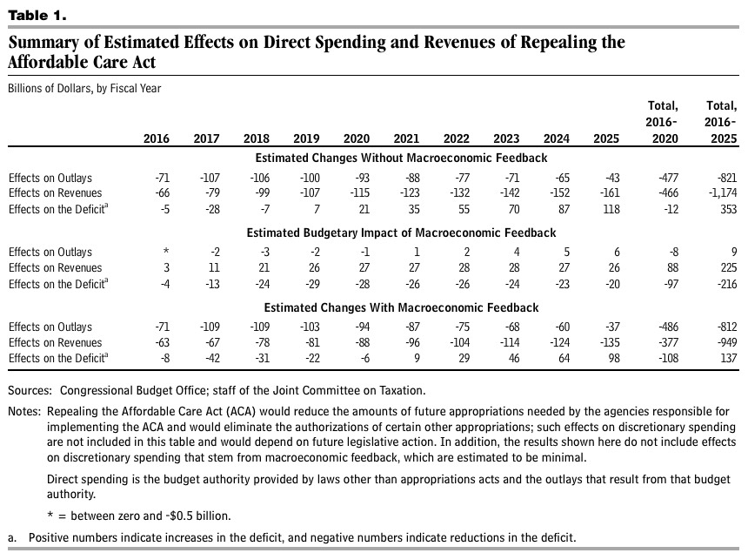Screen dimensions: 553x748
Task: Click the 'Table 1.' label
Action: pyautogui.click(x=36, y=16)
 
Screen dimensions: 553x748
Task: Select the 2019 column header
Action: pyautogui.click(x=307, y=138)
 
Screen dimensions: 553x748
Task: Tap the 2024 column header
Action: pyautogui.click(x=557, y=138)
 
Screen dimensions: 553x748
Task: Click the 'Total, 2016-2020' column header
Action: pyautogui.click(x=662, y=122)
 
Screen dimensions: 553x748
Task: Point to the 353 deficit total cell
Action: pyautogui.click(x=726, y=209)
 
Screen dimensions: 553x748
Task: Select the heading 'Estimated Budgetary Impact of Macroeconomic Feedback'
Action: pyautogui.click(x=401, y=233)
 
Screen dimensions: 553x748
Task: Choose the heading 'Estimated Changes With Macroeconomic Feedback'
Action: pyautogui.click(x=401, y=308)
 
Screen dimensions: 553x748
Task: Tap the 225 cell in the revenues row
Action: pyautogui.click(x=726, y=268)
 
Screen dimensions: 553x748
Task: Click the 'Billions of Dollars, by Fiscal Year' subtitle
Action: pyautogui.click(x=84, y=88)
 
